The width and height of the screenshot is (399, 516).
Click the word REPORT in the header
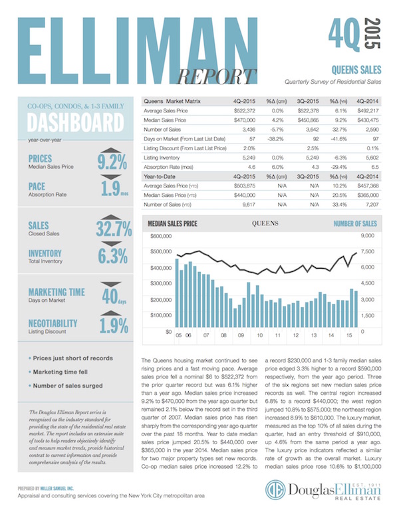220,75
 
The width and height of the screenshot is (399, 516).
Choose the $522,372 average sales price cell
241,110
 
